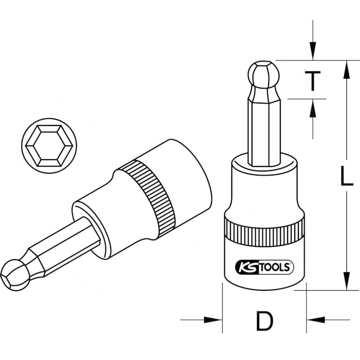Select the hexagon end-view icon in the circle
click(49, 146)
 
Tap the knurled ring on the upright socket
click(264, 231)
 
